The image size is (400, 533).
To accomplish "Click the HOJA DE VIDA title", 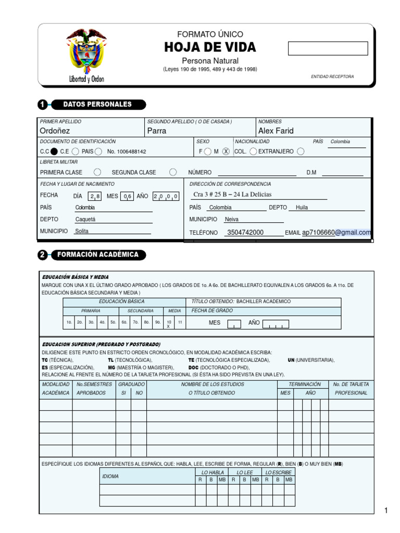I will click(x=210, y=47).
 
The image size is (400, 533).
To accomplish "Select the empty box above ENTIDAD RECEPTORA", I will click(x=328, y=48).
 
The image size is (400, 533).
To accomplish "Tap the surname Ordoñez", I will click(x=55, y=131).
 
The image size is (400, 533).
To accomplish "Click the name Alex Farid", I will click(x=276, y=131).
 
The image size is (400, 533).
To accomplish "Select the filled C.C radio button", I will click(x=54, y=151).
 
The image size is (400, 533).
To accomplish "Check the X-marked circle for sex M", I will click(x=226, y=151).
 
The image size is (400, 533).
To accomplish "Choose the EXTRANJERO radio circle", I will click(x=301, y=151).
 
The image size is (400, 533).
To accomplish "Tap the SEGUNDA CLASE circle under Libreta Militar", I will click(x=173, y=172).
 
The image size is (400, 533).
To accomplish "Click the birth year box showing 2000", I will click(x=166, y=196).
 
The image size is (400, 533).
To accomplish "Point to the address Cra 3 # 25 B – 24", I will click(x=232, y=195).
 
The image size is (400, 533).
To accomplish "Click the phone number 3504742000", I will click(x=245, y=233).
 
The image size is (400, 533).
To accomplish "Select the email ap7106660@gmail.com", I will click(x=336, y=233).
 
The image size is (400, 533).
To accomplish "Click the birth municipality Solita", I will click(x=82, y=231).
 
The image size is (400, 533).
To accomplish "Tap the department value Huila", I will click(x=302, y=207).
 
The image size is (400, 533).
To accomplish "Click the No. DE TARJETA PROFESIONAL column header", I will click(x=352, y=389).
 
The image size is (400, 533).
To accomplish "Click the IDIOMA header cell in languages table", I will click(x=110, y=476).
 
